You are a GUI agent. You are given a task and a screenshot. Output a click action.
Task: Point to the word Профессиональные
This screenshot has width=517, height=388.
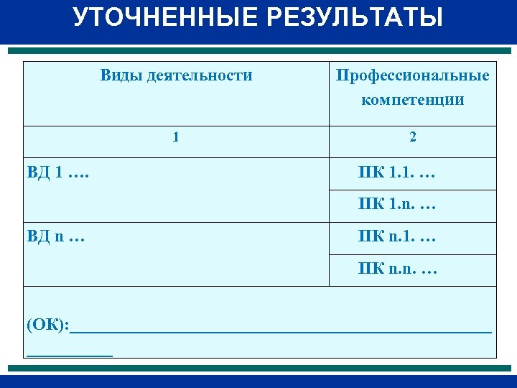point(412,75)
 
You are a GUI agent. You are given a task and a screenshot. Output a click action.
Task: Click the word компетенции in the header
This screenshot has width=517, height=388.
point(412,99)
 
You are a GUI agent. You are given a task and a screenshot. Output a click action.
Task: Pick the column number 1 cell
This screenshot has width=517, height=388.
point(176,137)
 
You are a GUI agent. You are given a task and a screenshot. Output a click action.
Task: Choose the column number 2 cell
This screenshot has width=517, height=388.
point(412,137)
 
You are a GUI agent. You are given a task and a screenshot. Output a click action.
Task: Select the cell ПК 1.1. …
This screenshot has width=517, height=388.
point(397,173)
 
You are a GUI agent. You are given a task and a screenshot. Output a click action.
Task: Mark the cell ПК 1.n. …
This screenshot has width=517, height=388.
point(397,205)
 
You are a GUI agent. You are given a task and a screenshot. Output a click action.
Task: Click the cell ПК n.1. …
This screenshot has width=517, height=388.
point(397,236)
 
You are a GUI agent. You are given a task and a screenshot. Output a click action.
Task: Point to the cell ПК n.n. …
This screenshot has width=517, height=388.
point(397,269)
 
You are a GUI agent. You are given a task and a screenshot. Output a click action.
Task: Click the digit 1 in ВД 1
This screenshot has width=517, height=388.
point(58,173)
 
